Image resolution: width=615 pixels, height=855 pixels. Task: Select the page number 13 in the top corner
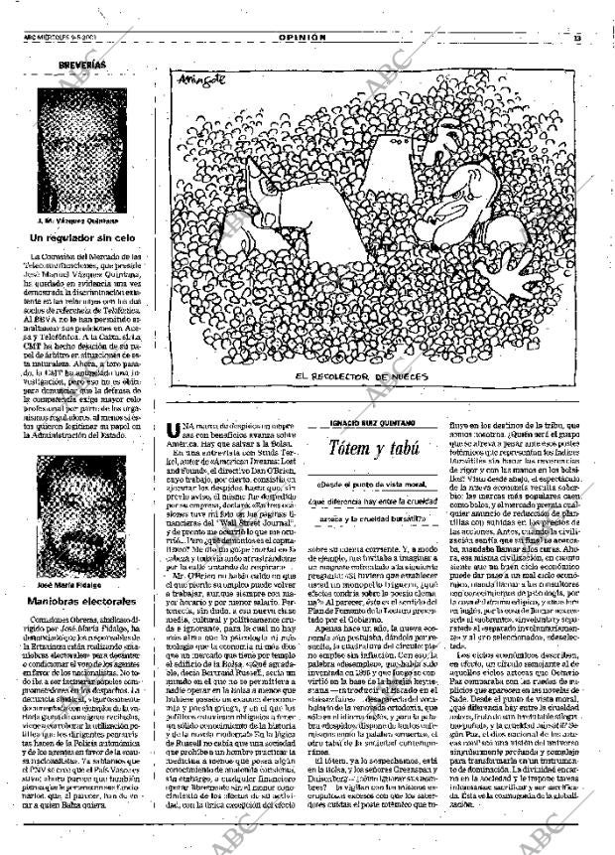click(x=575, y=38)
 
